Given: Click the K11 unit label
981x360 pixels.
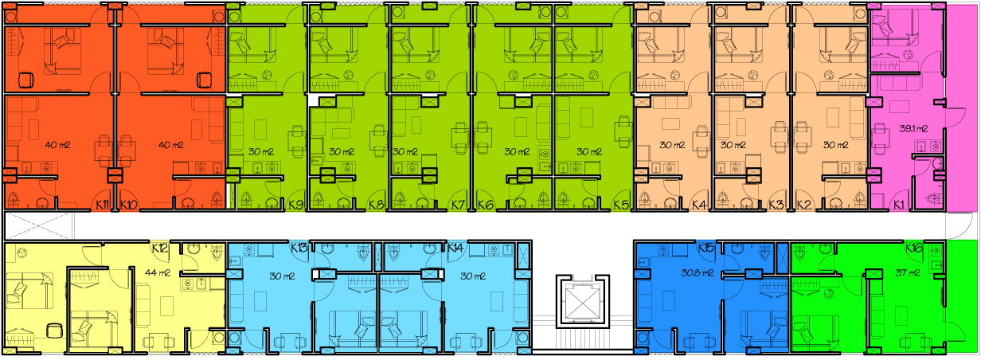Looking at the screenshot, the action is point(103,204).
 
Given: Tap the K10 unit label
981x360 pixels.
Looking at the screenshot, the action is point(129,204).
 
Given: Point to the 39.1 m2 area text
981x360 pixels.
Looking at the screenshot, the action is point(913,129).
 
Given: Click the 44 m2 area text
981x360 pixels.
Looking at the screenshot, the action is point(157,272).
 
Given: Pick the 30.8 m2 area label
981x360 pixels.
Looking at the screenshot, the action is point(698,273).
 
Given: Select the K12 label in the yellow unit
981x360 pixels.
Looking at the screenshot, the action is point(160,248).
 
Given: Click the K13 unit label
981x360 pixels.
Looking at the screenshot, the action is point(299,248).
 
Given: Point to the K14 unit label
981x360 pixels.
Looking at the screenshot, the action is point(455,248).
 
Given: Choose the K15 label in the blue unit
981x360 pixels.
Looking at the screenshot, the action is point(706,248).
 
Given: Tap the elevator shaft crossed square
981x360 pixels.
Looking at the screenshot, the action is point(582,301).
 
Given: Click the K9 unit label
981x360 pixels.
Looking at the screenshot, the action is point(296,204).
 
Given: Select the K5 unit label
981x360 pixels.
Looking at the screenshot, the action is point(621,204).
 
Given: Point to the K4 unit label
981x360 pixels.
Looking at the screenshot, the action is point(699,204).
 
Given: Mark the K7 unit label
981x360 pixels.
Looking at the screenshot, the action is point(458,204).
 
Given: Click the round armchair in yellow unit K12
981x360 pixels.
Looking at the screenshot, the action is point(55,331).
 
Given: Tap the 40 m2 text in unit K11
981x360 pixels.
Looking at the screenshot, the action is point(58,145).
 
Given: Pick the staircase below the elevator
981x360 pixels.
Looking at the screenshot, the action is point(582,339).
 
